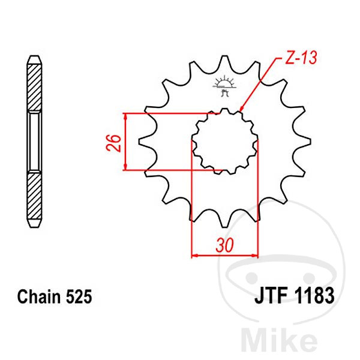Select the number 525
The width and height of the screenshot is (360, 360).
77,296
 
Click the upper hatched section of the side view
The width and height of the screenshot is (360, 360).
35,84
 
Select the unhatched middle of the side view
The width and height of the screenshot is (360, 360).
35,142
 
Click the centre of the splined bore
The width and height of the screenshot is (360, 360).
224,142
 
